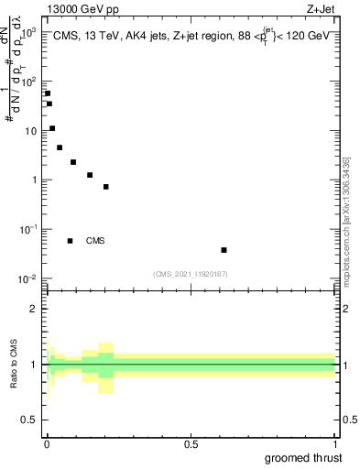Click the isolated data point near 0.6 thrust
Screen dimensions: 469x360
224,249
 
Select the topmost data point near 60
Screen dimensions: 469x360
48,93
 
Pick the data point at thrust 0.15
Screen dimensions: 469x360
90,175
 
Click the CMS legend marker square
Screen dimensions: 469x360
71,241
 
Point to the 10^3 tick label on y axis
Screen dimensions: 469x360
29,32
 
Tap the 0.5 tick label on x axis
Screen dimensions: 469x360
191,444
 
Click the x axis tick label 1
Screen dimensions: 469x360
334,444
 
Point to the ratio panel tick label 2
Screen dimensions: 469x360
35,310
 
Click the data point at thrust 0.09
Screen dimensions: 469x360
73,162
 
